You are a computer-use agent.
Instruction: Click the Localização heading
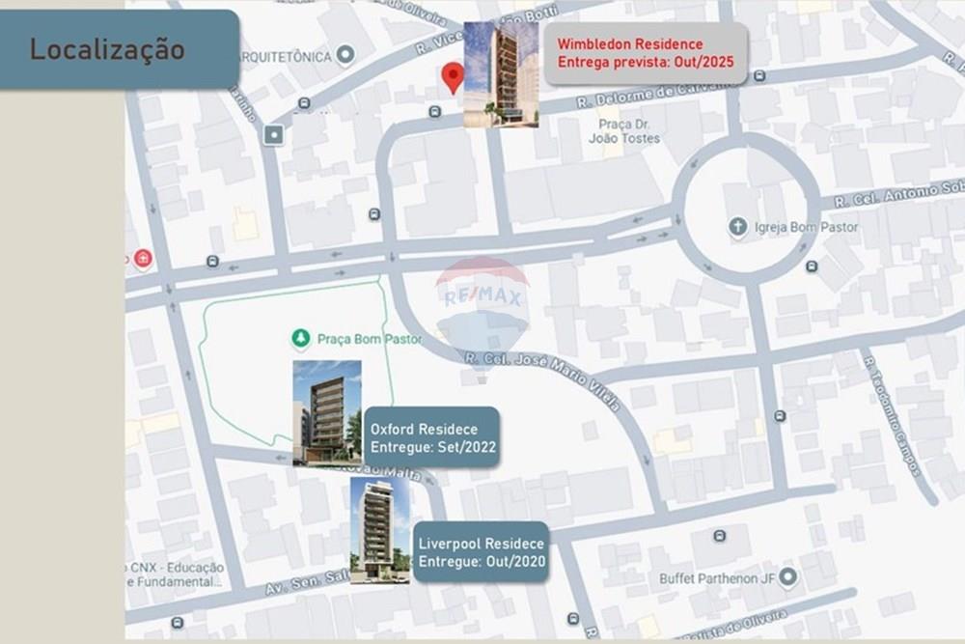(x=106, y=49)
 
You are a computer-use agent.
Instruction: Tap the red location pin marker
(x=453, y=76)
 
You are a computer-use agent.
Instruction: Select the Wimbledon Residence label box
(x=645, y=53)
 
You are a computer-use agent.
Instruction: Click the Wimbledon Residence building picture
(x=501, y=74)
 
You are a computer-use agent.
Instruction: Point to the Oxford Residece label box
(x=433, y=437)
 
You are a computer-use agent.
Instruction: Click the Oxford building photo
(x=327, y=412)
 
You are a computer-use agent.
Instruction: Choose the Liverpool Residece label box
(x=482, y=552)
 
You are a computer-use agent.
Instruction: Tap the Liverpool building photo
(x=379, y=530)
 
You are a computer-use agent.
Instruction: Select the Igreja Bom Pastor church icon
(x=738, y=227)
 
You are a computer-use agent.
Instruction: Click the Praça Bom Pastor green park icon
(x=301, y=339)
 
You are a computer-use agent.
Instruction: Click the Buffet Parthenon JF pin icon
(x=788, y=577)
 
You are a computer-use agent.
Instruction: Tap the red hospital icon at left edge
(x=143, y=259)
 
